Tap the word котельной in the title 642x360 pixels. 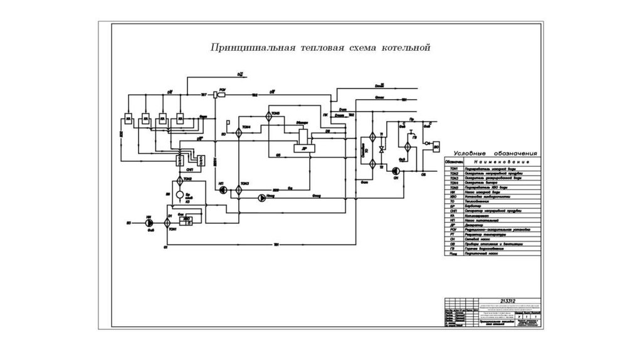[406, 48]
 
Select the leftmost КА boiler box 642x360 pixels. [128, 119]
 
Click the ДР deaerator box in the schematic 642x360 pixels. [303, 148]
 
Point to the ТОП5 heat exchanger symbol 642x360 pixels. [268, 116]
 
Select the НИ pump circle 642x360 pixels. [149, 222]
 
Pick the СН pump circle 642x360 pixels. [396, 171]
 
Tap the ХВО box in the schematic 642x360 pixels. [187, 218]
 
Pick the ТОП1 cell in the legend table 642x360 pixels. [453, 169]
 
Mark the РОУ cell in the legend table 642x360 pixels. [453, 230]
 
